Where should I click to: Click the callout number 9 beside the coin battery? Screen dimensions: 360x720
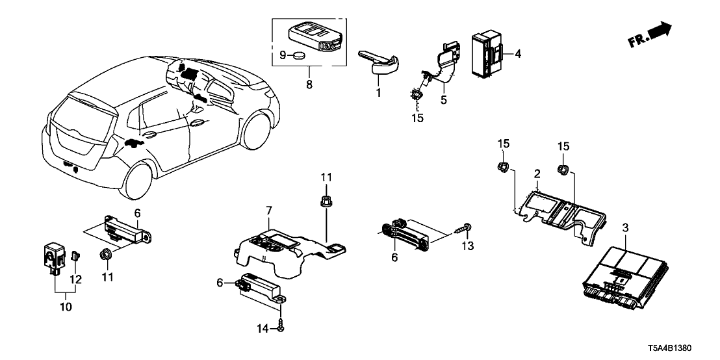[x=283, y=56]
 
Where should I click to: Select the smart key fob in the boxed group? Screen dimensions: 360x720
[x=316, y=39]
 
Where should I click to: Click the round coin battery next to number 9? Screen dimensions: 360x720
[x=300, y=57]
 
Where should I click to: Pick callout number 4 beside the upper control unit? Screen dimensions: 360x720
[x=518, y=54]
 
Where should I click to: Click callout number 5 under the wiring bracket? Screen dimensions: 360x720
[x=445, y=101]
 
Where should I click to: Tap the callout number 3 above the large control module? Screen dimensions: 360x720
[x=626, y=228]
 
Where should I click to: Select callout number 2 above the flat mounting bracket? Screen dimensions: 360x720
[x=537, y=175]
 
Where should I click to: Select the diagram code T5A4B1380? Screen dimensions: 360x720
[x=683, y=348]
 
